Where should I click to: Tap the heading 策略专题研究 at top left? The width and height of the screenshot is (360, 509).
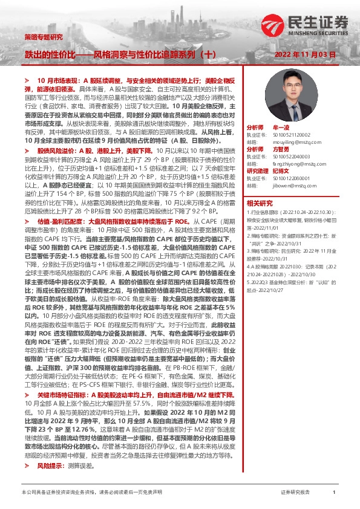pos(43,37)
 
